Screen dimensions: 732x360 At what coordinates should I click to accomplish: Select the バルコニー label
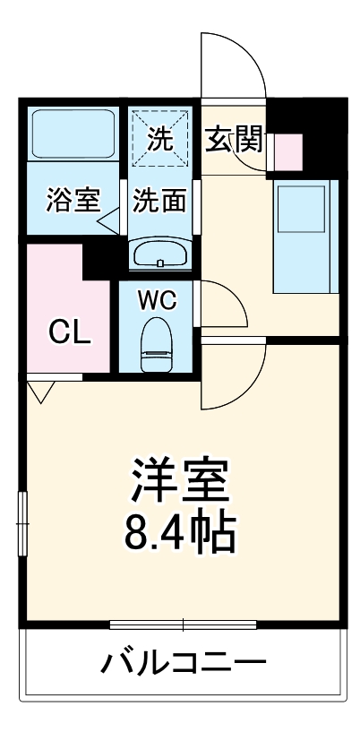coord(184,665)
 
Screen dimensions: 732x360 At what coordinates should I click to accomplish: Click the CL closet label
coord(69,332)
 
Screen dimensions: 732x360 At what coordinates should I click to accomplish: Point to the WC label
coord(158,299)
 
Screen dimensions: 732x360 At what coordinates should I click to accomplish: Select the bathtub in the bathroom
coord(72,134)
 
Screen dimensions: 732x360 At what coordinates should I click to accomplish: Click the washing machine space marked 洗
coord(159,139)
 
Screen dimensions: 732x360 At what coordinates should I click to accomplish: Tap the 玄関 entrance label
coord(235,139)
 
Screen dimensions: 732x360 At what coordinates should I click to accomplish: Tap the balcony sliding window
coord(184,624)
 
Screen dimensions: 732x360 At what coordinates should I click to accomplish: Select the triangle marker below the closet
coord(41,391)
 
